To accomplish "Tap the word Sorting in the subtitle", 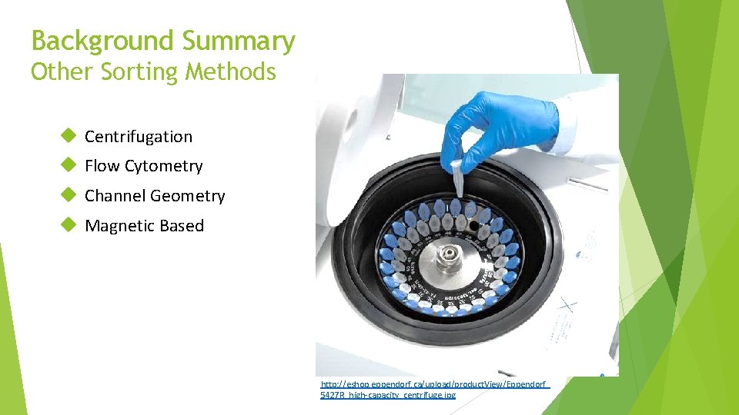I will pos(134,72).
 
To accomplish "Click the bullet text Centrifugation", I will pos(139,137).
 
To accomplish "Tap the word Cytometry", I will pos(164,167).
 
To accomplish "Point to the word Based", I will pos(182,226).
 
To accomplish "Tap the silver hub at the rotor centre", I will pos(445,259).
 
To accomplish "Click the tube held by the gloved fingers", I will pos(460,178).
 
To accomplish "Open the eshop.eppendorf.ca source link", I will pos(434,389).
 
